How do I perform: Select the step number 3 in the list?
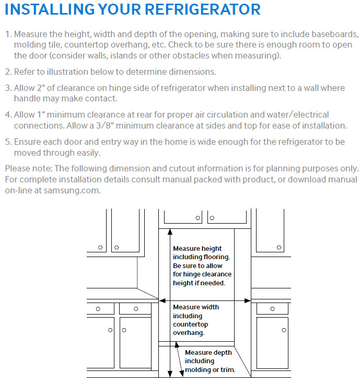coord(7,88)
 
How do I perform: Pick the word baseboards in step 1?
coord(330,34)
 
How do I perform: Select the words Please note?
coord(29,168)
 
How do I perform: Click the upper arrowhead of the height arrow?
coord(168,232)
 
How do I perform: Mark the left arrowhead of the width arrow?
coord(161,300)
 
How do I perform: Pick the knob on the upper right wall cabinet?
coord(282,247)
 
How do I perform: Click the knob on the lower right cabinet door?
coord(284,330)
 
